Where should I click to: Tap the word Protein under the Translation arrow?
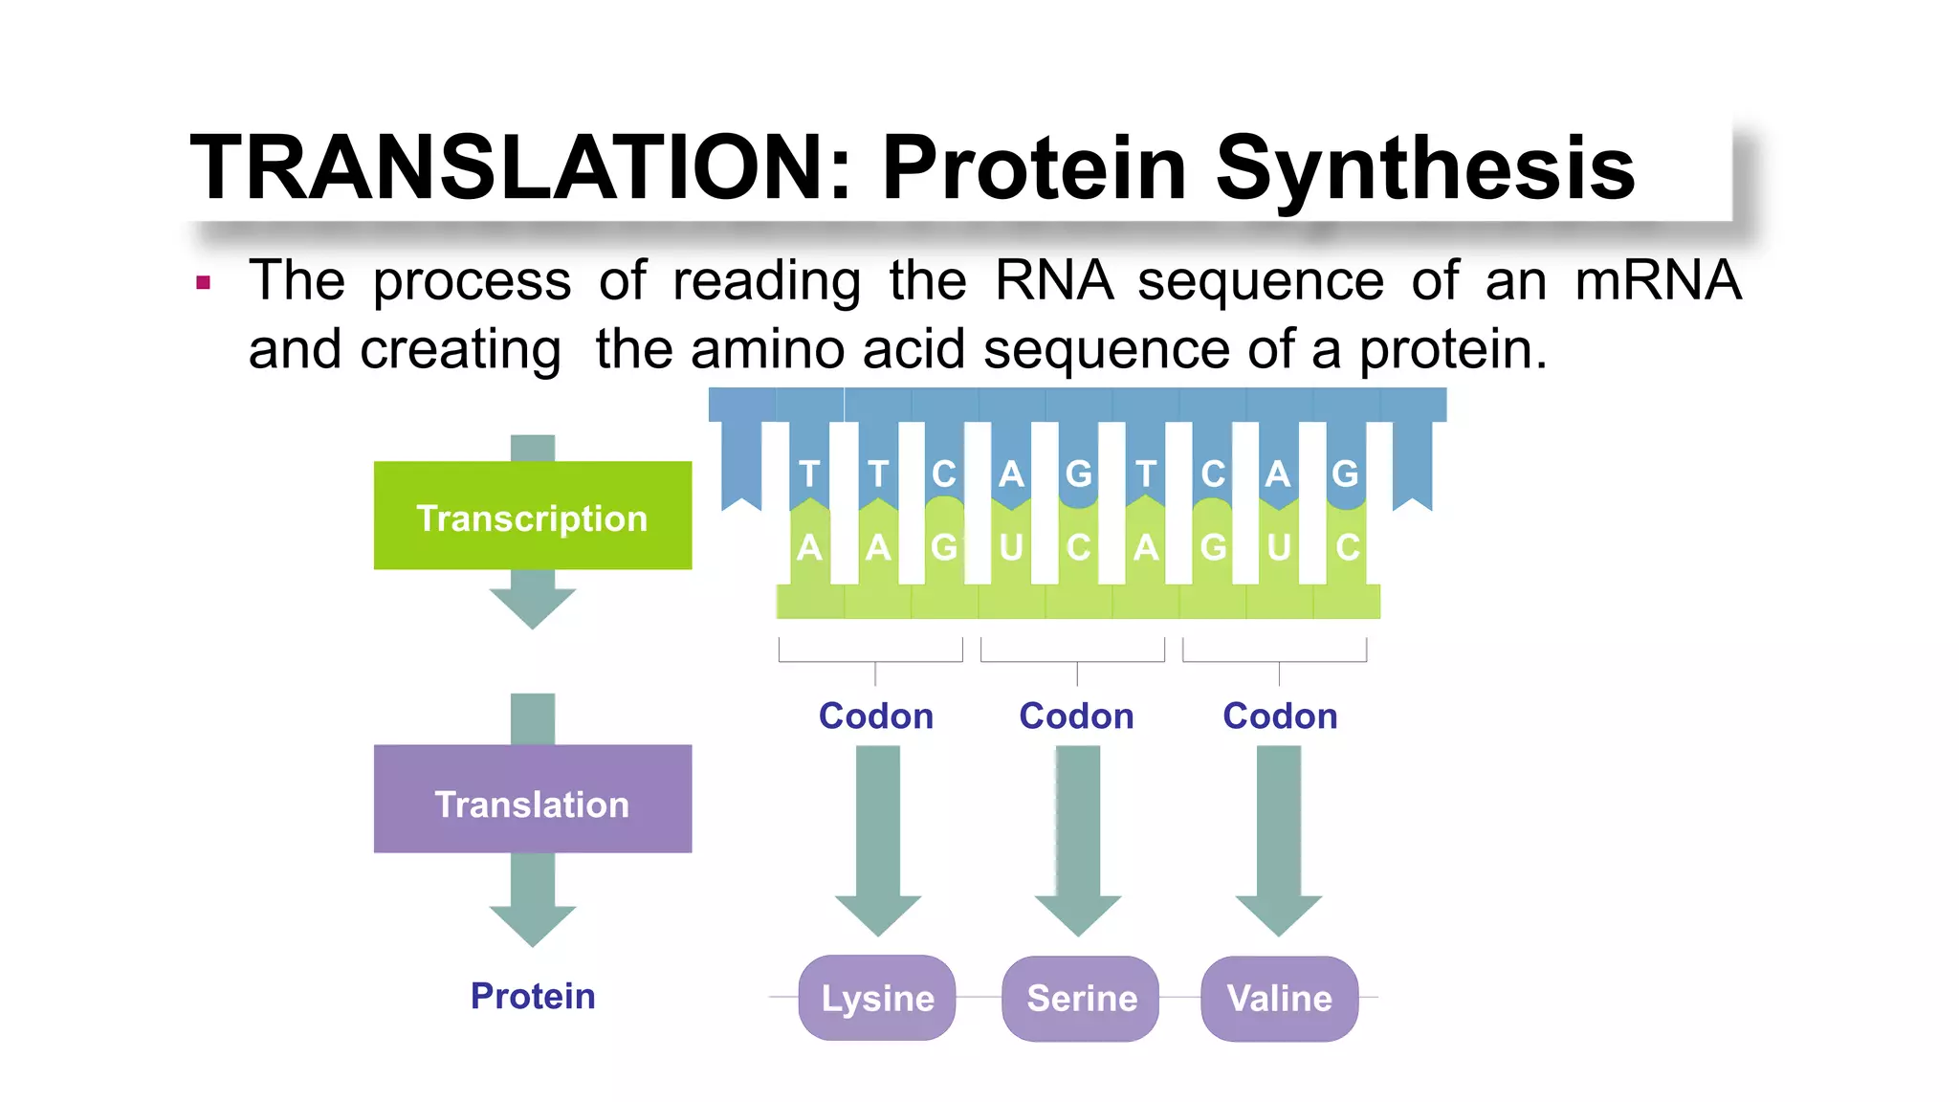click(533, 996)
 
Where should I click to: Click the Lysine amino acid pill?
click(877, 998)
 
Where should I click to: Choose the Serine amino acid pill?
click(1081, 998)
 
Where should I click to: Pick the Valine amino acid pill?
click(1279, 998)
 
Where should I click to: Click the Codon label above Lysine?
click(876, 716)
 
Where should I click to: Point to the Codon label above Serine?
click(1076, 716)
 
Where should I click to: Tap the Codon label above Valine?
click(1280, 716)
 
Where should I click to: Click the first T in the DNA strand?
click(809, 474)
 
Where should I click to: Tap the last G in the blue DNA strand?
click(1345, 474)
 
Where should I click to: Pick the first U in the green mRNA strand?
click(1011, 548)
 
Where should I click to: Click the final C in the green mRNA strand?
click(1347, 548)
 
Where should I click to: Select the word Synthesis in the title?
click(1424, 169)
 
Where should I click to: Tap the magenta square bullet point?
click(203, 282)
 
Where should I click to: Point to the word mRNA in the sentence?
click(1658, 280)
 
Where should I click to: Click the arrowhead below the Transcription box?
click(533, 607)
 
